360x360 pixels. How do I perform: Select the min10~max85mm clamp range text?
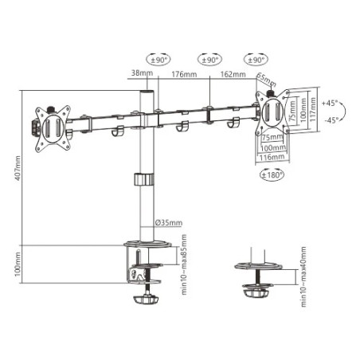click(184, 265)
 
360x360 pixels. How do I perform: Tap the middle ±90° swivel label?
click(208, 59)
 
